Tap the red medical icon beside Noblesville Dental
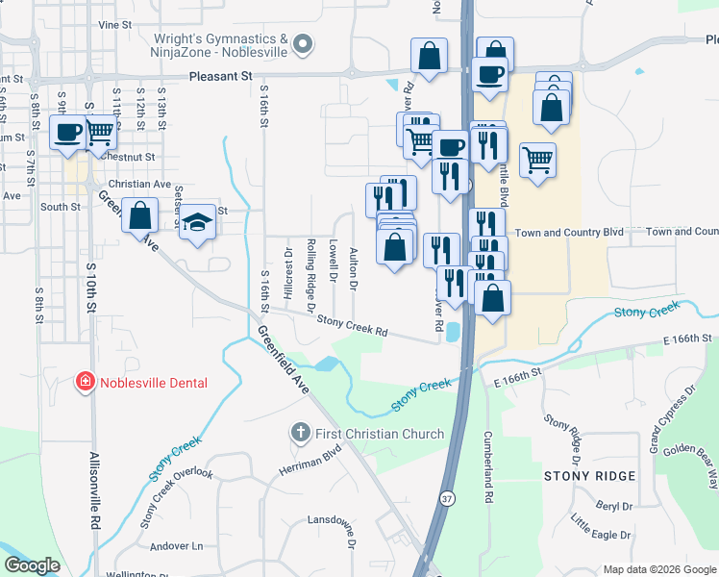tap(86, 383)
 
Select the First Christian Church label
tap(380, 434)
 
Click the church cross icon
tap(300, 434)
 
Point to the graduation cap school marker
tap(198, 222)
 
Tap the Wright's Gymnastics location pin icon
tap(303, 43)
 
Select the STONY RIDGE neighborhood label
tap(589, 476)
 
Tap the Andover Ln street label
tap(177, 546)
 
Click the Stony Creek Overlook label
tap(175, 497)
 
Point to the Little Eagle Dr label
tap(600, 527)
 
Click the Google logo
tap(32, 565)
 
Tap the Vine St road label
tap(113, 23)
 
